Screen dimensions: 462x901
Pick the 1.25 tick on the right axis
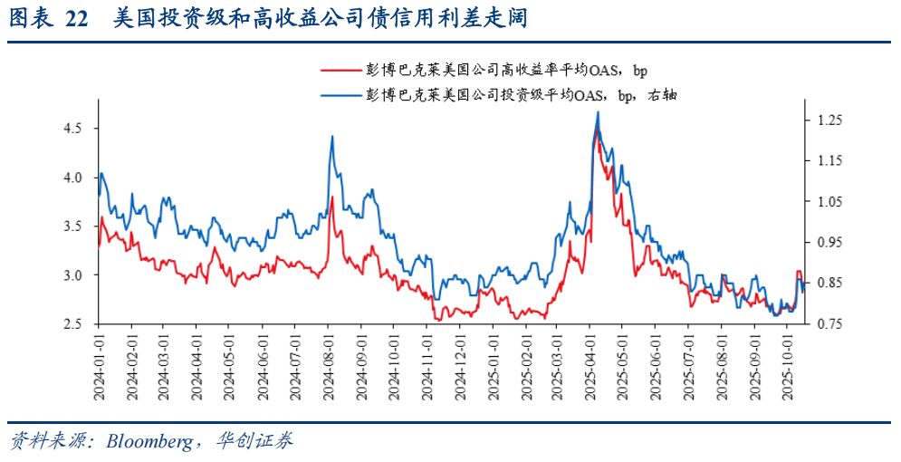click(x=830, y=120)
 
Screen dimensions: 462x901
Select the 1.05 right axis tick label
click(x=830, y=202)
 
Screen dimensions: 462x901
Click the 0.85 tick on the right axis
click(x=830, y=284)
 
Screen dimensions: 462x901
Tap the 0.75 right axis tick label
click(x=830, y=324)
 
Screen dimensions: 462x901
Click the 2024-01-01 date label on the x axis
click(x=99, y=367)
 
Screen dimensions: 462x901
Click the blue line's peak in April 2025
click(x=598, y=112)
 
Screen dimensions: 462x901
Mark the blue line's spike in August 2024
click(x=332, y=136)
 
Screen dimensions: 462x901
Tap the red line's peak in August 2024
click(x=332, y=197)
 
